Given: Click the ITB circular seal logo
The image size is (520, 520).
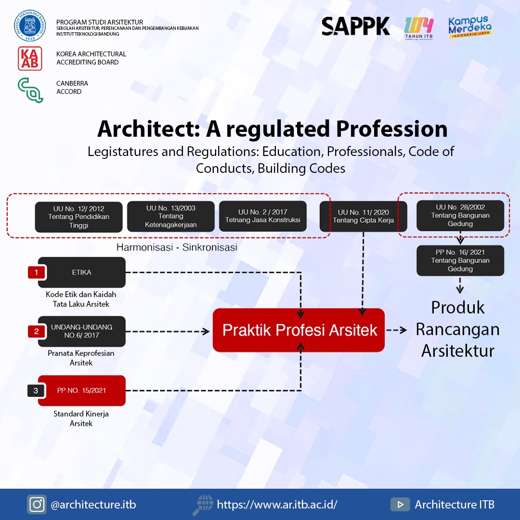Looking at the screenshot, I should pyautogui.click(x=30, y=26).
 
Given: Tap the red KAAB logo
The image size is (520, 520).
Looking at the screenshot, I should pyautogui.click(x=30, y=58).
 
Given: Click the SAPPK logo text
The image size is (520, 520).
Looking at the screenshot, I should pyautogui.click(x=356, y=26).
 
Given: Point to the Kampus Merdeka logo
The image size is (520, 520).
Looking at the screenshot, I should pyautogui.click(x=469, y=27).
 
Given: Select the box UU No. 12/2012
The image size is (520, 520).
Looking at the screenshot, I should pyautogui.click(x=78, y=217).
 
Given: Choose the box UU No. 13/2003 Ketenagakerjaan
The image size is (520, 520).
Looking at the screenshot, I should pyautogui.click(x=170, y=217).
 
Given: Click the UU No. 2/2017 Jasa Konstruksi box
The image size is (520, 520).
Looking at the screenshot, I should pyautogui.click(x=262, y=216).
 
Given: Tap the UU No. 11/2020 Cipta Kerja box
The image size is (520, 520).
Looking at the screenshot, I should pyautogui.click(x=363, y=216).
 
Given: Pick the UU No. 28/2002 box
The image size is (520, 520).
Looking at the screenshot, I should pyautogui.click(x=460, y=215).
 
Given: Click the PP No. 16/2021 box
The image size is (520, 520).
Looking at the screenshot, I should pyautogui.click(x=460, y=260).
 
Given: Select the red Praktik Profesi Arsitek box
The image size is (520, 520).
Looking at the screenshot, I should pyautogui.click(x=299, y=330).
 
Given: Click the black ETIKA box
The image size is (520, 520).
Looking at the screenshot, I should pyautogui.click(x=82, y=272).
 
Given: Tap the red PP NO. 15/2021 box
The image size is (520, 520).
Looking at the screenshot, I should pyautogui.click(x=82, y=390).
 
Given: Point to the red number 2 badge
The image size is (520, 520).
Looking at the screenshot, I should pyautogui.click(x=36, y=332).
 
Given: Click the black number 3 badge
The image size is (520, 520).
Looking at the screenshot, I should pyautogui.click(x=36, y=390).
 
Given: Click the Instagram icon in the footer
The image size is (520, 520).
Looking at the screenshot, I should pyautogui.click(x=37, y=504).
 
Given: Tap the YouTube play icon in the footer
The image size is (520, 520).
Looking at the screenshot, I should pyautogui.click(x=400, y=504).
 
